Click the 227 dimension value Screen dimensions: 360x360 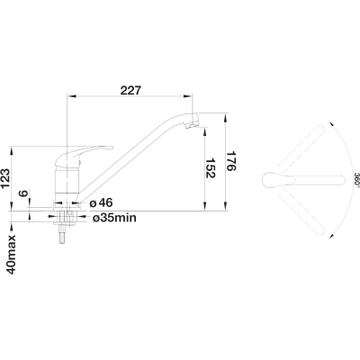(x=130, y=90)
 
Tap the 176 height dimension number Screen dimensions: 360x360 (x=231, y=160)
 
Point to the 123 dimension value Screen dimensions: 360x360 (x=7, y=178)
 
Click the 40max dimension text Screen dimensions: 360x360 (x=12, y=255)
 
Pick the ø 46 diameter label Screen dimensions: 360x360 (x=101, y=203)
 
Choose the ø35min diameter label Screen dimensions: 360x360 (x=114, y=218)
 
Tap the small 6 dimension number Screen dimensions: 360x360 (x=24, y=193)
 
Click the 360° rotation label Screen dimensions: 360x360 (x=356, y=180)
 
